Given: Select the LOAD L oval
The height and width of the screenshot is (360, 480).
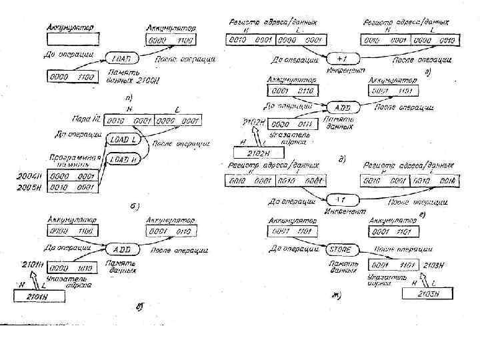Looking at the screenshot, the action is (123, 140).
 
